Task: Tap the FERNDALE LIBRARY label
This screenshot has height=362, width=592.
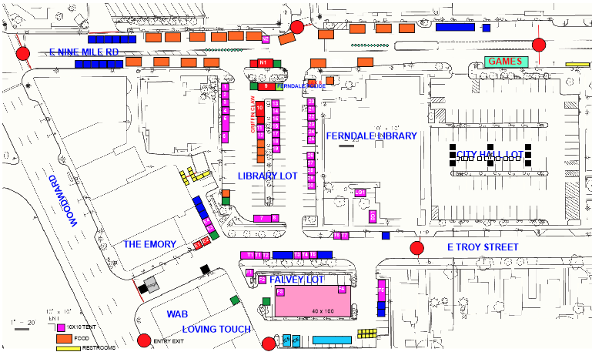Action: click(372, 136)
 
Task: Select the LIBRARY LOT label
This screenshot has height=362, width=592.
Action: click(267, 176)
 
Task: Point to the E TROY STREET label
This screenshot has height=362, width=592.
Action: click(483, 247)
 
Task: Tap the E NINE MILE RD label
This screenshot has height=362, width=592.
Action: click(85, 52)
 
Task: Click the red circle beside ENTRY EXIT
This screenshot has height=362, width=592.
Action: click(143, 340)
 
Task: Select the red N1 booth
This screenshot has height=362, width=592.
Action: click(263, 62)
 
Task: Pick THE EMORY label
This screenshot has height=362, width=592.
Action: click(149, 244)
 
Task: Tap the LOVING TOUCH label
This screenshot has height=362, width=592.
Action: click(216, 330)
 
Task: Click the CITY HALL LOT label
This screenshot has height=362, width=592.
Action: click(490, 156)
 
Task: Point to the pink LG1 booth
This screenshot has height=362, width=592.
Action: click(360, 192)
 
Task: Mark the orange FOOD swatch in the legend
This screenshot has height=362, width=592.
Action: click(61, 337)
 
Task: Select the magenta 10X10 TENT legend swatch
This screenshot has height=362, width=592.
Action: click(61, 327)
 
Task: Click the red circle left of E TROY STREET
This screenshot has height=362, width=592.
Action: click(417, 248)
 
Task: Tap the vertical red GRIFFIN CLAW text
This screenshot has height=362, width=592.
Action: click(252, 116)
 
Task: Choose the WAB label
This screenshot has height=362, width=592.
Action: click(177, 314)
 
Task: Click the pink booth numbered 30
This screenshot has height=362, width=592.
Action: click(311, 186)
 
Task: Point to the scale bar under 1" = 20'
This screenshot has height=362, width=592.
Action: click(24, 329)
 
